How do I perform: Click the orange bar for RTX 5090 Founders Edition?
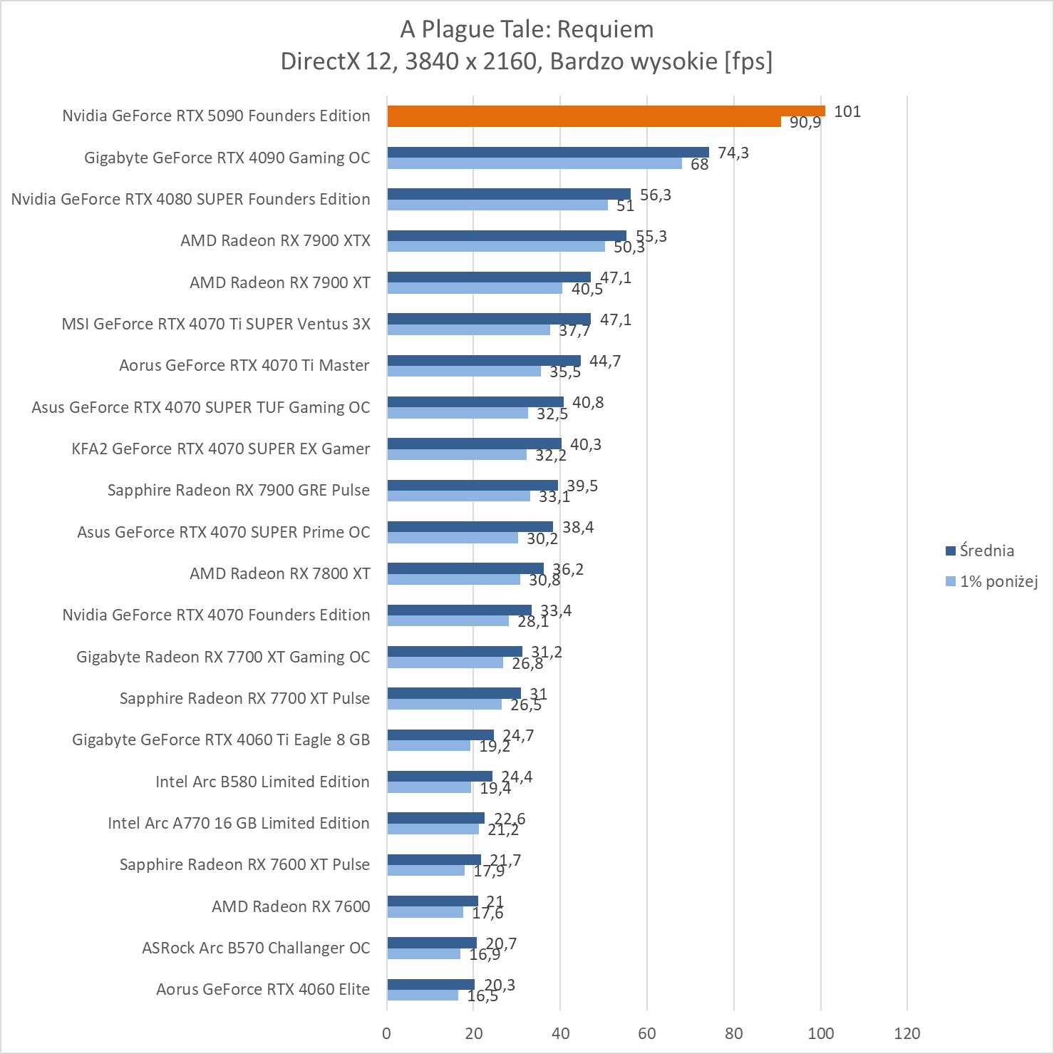[606, 111]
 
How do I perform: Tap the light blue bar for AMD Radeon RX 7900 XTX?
[496, 247]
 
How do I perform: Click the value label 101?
[847, 111]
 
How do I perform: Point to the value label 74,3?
[733, 153]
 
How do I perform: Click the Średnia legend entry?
[986, 551]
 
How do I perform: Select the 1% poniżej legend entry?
[998, 581]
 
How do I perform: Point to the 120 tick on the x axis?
[907, 1033]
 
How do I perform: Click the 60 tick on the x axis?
[647, 1033]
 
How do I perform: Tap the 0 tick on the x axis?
[387, 1033]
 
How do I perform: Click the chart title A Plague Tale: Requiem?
[527, 29]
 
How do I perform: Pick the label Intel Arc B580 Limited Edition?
[262, 782]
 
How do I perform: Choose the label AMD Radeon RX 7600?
[291, 906]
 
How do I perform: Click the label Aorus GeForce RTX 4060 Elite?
[263, 989]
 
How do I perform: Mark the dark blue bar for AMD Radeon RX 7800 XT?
[465, 568]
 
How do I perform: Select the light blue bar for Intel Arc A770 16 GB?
[433, 829]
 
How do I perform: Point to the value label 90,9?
[805, 123]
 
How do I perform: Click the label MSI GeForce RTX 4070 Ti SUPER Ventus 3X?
[216, 324]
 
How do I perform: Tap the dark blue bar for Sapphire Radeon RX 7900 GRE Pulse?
[472, 486]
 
